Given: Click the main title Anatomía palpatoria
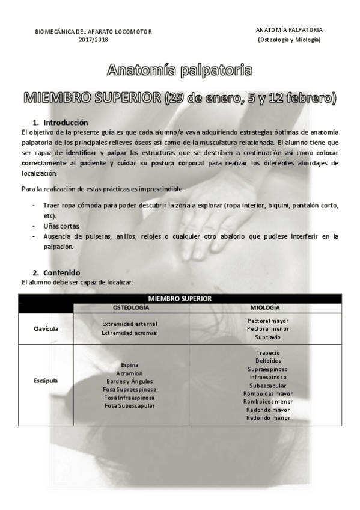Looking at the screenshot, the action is pos(179,70).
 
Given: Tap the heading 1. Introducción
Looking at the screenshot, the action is pos(60,122).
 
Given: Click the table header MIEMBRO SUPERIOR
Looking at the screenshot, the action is pos(180,298).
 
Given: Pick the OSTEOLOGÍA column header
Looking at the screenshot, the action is pos(131,307).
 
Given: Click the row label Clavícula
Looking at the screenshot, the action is pos(45,328).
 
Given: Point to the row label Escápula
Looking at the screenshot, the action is pos(45,381).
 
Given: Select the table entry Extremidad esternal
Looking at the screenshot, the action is pos(129,324).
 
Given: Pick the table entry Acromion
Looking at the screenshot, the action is pos(129,373).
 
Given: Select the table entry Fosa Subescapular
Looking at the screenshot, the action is pos(129,405).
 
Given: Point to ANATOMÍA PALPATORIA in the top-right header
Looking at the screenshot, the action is pos(288,30).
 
